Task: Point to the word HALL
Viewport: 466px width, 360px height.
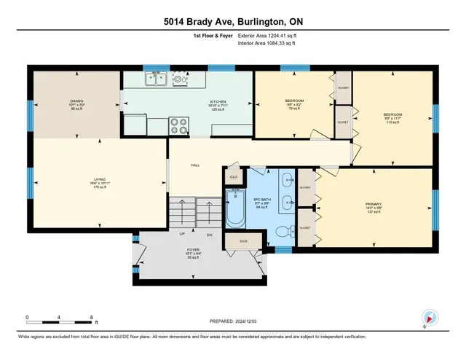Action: pos(195,165)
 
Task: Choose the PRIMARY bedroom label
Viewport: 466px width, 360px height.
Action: pos(374,204)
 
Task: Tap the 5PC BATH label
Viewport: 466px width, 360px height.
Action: pos(262,198)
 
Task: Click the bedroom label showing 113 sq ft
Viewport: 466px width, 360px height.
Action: pos(393,114)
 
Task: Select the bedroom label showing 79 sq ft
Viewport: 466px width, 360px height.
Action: pos(295,100)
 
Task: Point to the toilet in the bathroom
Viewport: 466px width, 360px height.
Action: pos(283,232)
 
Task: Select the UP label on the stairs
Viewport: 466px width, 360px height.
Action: pos(183,234)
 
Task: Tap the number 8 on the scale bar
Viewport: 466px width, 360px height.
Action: pos(91,317)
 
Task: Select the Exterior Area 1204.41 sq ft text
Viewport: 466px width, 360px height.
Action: pos(268,34)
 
